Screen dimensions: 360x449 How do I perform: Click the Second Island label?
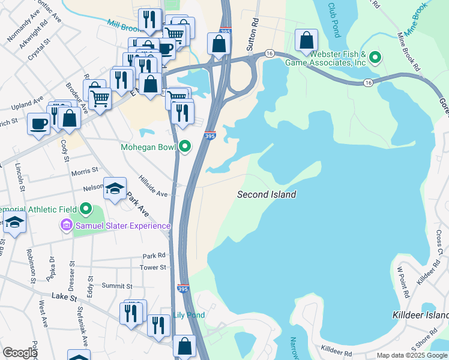(x=267, y=194)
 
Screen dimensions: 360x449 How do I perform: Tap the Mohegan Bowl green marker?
(x=185, y=146)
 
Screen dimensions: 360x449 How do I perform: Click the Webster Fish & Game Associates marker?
(x=375, y=58)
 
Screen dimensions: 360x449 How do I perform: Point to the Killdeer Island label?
(x=420, y=315)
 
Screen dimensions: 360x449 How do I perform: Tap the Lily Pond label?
(x=189, y=315)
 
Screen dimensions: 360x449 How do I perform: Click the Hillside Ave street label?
(x=153, y=186)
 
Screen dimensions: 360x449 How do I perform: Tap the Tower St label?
(x=153, y=268)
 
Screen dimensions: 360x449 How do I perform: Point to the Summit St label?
(x=116, y=286)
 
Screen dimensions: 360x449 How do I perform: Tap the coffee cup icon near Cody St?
(x=39, y=124)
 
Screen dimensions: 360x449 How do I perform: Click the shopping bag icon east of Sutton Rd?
(x=307, y=41)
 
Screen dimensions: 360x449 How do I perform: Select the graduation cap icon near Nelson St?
(x=115, y=188)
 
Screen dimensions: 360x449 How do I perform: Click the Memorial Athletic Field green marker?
(x=85, y=209)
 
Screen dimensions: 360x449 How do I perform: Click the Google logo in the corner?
(x=20, y=353)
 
